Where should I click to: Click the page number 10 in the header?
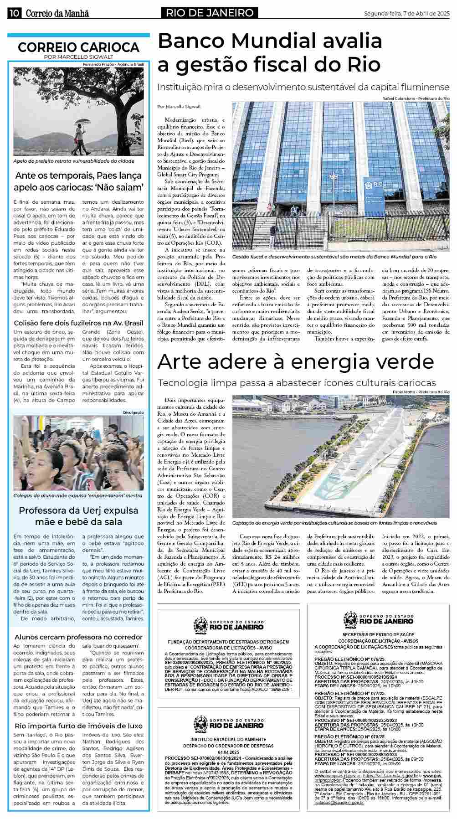pos(14,13)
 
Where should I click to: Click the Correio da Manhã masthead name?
pos(57,14)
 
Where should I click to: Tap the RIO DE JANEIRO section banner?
pos(209,13)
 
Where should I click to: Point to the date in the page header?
pos(406,13)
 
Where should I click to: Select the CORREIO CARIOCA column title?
pos(78,47)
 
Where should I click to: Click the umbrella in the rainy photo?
pos(83,122)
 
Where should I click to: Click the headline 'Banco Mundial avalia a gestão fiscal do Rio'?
pos(269,53)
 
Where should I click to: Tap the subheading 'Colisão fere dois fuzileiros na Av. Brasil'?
pos(78,323)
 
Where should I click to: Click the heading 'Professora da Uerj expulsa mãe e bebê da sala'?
pos(78,516)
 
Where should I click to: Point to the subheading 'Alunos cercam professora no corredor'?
pos(78,637)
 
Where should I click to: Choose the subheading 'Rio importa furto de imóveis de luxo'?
pos(78,726)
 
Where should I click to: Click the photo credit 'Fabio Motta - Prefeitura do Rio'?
pos(421,392)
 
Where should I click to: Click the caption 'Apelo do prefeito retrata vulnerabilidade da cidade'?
pos(74,161)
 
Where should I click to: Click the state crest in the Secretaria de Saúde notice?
pos(350,619)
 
